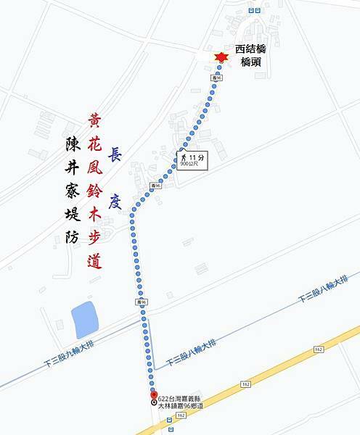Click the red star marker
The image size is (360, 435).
220,58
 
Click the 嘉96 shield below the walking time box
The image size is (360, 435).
154,186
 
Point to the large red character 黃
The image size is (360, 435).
95,122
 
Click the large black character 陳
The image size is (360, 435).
65,146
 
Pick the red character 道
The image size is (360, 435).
94,261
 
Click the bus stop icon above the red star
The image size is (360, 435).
252,11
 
